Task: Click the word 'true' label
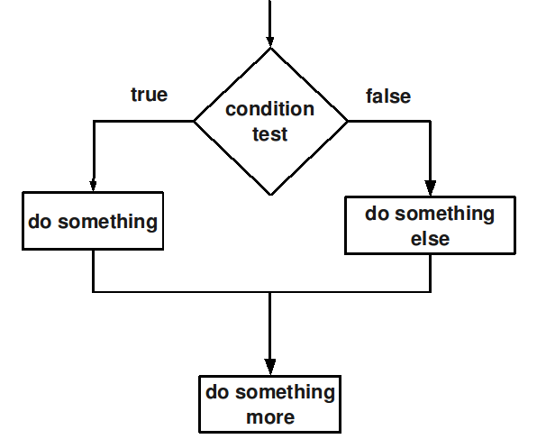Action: click(150, 95)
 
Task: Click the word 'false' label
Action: click(388, 96)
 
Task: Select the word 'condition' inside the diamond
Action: click(270, 109)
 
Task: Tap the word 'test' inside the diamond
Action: click(270, 134)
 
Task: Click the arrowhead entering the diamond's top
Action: click(270, 41)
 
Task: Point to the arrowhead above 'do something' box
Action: click(93, 186)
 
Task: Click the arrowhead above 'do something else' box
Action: click(430, 188)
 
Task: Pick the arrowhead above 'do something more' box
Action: click(270, 367)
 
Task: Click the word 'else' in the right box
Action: click(430, 239)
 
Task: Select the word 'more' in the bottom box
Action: click(270, 417)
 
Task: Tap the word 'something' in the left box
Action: click(107, 222)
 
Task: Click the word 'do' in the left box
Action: click(40, 222)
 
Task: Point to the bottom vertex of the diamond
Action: click(271, 195)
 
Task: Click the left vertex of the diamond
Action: click(195, 121)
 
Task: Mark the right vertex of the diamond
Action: click(348, 121)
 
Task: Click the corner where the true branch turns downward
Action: click(94, 121)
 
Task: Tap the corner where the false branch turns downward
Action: click(430, 121)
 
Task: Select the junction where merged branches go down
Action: click(270, 292)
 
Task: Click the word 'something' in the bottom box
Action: click(285, 393)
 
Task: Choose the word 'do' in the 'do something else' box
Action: click(377, 214)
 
